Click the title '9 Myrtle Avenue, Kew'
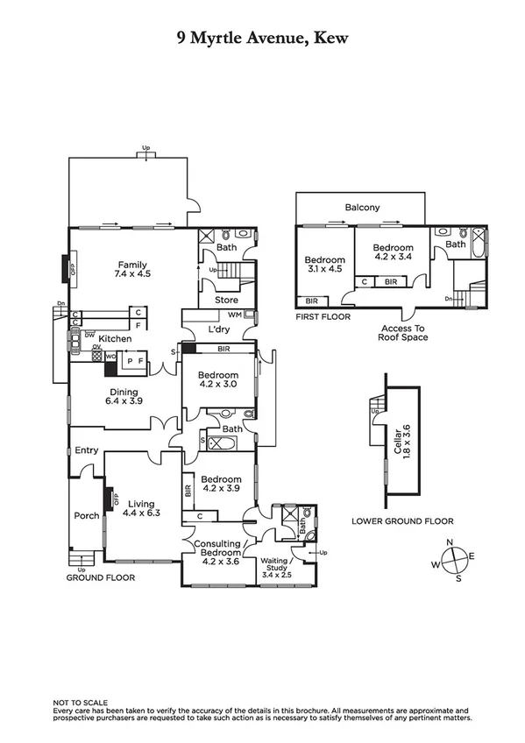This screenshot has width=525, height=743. tap(262, 39)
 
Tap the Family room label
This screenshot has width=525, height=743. tap(132, 270)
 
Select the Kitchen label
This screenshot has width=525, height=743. tap(115, 338)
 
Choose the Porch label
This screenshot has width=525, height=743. tap(86, 515)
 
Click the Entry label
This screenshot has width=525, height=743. tap(87, 450)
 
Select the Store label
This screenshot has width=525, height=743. tap(226, 301)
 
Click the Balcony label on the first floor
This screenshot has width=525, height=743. tap(362, 208)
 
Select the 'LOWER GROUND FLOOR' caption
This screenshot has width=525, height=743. tap(402, 520)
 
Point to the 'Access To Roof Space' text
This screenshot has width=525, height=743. tap(404, 332)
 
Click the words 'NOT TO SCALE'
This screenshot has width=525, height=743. tap(80, 702)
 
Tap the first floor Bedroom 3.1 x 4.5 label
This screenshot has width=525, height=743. tap(324, 265)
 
